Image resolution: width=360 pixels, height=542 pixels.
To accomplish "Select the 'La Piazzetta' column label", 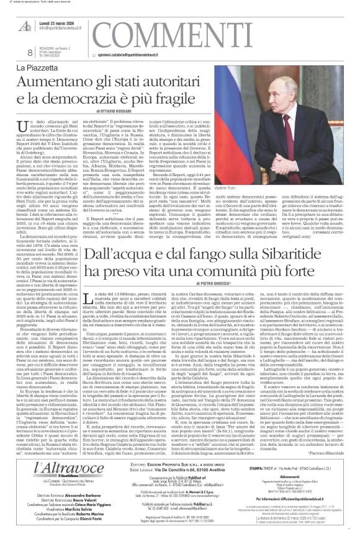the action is (38, 66).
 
